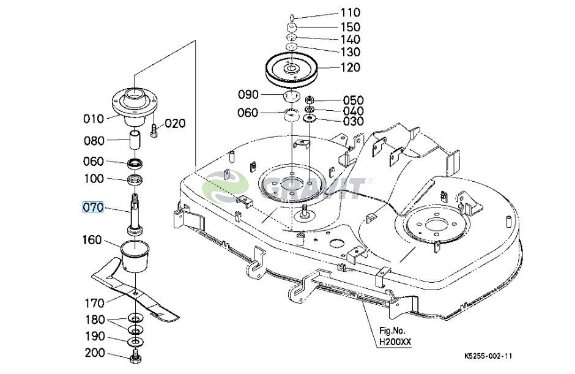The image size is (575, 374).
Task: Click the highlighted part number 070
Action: point(93,208)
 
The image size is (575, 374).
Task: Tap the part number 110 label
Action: point(351,12)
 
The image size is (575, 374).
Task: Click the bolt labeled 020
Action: point(154,130)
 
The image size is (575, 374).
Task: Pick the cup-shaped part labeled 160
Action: point(135,256)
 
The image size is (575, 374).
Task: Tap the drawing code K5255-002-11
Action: point(488,356)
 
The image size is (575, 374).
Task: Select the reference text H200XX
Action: point(395,342)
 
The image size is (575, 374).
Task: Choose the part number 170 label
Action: point(95,304)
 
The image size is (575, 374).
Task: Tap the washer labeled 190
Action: point(136,342)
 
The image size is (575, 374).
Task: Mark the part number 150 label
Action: point(351,27)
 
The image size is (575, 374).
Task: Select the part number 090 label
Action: point(248,94)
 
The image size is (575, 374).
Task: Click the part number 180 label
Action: point(95,320)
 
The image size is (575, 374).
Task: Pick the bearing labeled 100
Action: point(135,180)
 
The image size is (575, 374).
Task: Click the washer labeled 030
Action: point(310,118)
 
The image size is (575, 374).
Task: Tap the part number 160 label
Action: point(92,240)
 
